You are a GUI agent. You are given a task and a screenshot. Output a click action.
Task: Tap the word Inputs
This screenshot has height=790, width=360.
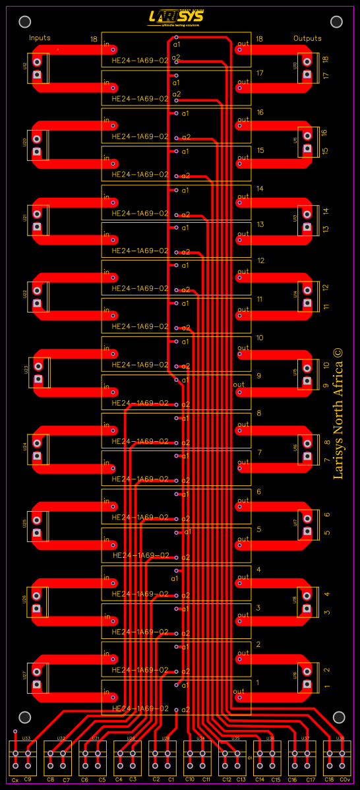40,38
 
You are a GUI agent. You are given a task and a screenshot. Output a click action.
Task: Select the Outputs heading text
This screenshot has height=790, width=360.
307,38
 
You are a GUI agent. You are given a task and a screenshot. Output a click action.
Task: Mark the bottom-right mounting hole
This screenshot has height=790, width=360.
339,717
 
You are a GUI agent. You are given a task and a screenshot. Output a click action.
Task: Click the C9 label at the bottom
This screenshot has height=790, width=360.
28,779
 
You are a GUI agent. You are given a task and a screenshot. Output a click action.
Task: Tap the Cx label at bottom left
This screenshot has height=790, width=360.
15,779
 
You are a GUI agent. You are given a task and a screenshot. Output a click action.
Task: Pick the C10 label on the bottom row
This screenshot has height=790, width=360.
190,779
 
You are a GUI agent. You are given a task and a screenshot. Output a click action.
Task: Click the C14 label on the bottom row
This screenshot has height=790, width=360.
260,779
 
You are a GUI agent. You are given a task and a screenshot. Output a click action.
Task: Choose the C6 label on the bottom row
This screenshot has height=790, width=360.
84,779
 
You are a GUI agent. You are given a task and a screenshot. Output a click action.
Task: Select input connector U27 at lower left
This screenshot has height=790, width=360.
38,678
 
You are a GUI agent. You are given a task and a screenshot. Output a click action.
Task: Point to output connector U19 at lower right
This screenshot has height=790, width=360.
306,678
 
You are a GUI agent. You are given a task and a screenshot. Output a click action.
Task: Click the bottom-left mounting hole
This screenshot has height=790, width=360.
25,717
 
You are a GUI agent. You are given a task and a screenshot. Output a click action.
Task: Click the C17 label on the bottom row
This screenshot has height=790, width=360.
310,779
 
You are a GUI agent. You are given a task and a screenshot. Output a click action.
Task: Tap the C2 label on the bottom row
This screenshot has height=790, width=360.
156,779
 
